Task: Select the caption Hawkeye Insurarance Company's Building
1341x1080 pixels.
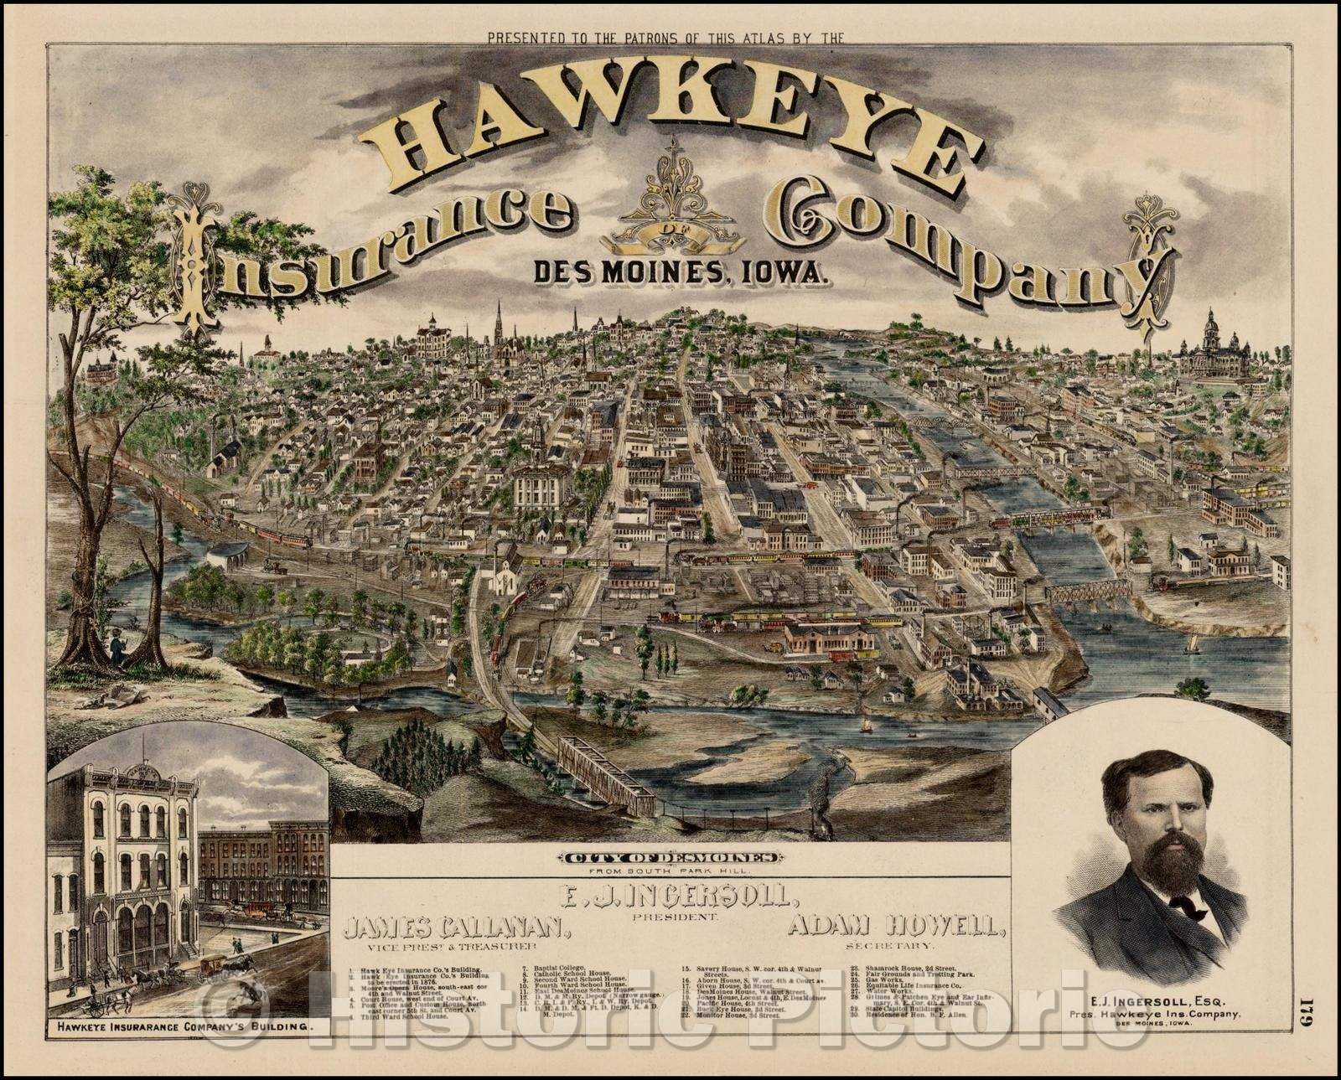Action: tap(181, 1024)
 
